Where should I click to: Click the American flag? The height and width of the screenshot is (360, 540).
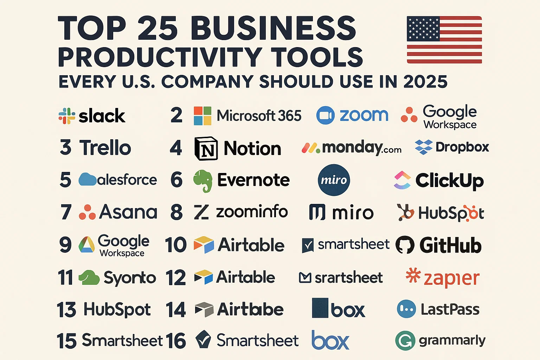tap(444, 40)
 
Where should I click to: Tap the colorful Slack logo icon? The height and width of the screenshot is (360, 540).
tap(67, 116)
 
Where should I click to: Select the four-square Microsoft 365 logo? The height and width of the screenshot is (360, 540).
tap(202, 116)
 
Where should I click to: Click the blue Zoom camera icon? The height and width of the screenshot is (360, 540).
tap(325, 115)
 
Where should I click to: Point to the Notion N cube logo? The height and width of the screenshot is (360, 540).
tap(206, 148)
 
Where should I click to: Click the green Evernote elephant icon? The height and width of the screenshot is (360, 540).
tap(203, 181)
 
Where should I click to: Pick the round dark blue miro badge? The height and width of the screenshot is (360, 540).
tap(334, 180)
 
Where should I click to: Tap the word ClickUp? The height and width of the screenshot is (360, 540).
tap(449, 181)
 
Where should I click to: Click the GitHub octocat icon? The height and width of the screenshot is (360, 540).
tap(405, 245)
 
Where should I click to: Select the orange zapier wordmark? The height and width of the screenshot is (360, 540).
tap(451, 279)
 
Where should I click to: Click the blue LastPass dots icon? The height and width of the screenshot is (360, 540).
tap(406, 309)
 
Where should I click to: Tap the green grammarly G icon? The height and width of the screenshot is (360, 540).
tap(405, 340)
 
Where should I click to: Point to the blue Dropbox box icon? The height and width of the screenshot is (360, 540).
tap(423, 147)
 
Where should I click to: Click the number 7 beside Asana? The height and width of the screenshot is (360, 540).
tap(66, 212)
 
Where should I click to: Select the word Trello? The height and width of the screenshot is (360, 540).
tap(105, 148)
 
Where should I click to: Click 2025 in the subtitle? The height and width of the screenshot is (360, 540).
tap(425, 82)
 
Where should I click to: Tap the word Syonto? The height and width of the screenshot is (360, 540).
tap(130, 278)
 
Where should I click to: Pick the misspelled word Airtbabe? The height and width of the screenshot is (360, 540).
tap(250, 309)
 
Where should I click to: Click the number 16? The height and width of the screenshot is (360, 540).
tap(175, 341)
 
